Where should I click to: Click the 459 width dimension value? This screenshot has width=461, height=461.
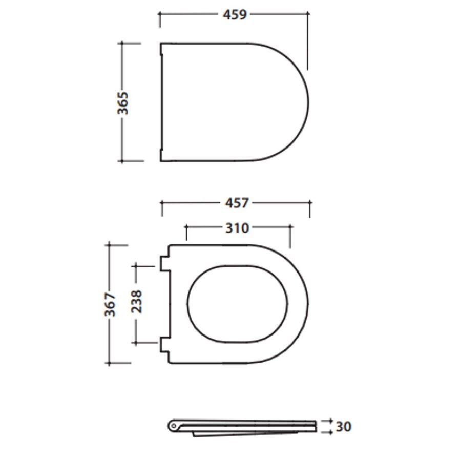235,14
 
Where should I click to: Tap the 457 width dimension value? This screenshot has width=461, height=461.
236,203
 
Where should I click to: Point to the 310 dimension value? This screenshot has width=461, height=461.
237,227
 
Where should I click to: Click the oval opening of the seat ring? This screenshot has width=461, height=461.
237,304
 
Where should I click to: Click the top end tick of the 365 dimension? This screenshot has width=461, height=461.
123,44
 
